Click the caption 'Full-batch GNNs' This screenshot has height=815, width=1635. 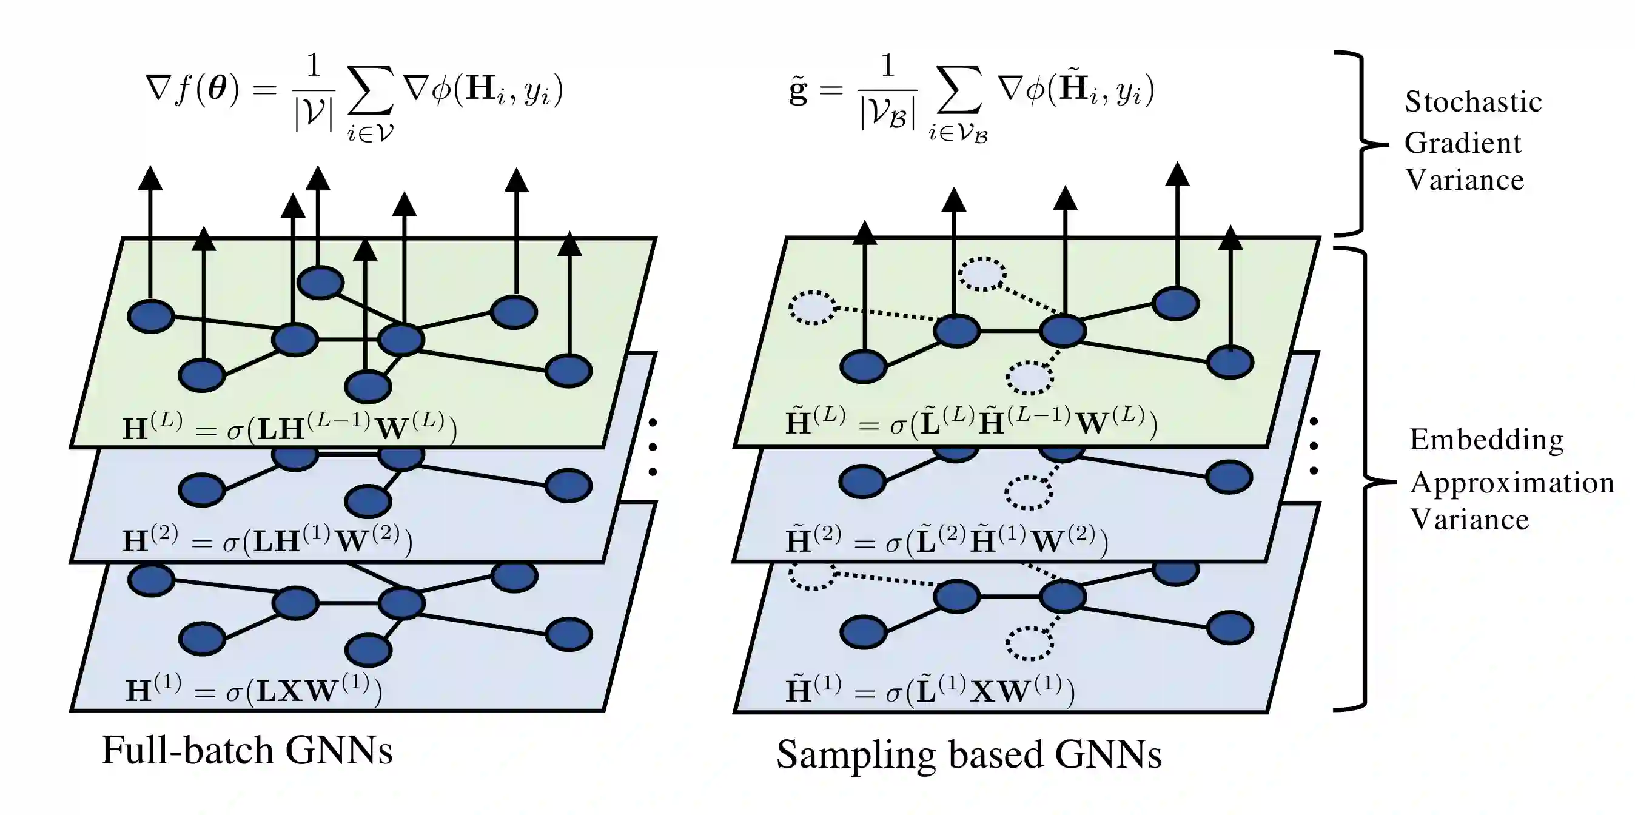pyautogui.click(x=246, y=750)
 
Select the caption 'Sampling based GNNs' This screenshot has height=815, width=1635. pyautogui.click(x=969, y=755)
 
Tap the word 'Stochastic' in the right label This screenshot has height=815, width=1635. pyautogui.click(x=1473, y=101)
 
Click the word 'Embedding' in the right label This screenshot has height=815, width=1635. pyautogui.click(x=1486, y=439)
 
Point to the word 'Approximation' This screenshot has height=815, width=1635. pyautogui.click(x=1512, y=483)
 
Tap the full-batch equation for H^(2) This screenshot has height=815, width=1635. pyautogui.click(x=267, y=540)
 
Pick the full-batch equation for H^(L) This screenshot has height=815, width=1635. pyautogui.click(x=289, y=426)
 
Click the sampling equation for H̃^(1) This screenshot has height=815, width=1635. pyautogui.click(x=930, y=691)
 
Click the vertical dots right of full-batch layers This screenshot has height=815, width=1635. pyautogui.click(x=653, y=447)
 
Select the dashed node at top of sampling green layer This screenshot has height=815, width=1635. pyautogui.click(x=982, y=274)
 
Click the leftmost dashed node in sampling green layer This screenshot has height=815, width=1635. pyautogui.click(x=813, y=308)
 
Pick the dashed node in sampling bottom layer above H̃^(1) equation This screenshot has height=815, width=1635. pyautogui.click(x=1030, y=643)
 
